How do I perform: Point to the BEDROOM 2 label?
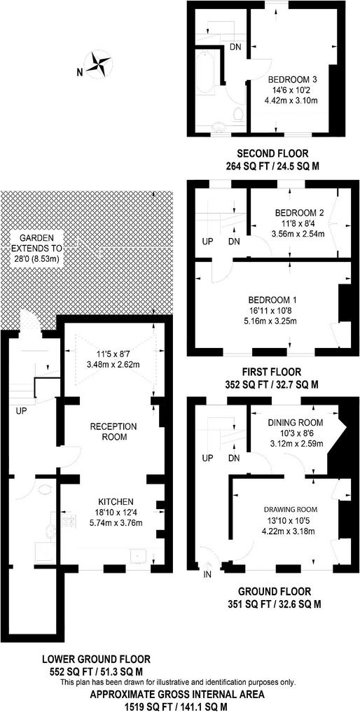click(299, 213)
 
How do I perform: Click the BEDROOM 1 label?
click(272, 300)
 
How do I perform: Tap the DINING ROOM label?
click(295, 422)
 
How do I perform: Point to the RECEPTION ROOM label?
click(113, 431)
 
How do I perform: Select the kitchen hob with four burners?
click(71, 520)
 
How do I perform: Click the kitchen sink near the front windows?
click(138, 556)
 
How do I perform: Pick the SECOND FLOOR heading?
click(272, 153)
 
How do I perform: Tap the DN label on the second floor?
click(235, 46)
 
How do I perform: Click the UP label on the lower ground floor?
click(21, 410)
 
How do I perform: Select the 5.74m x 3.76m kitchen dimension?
click(115, 521)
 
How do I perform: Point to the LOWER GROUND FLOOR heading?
click(96, 660)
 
